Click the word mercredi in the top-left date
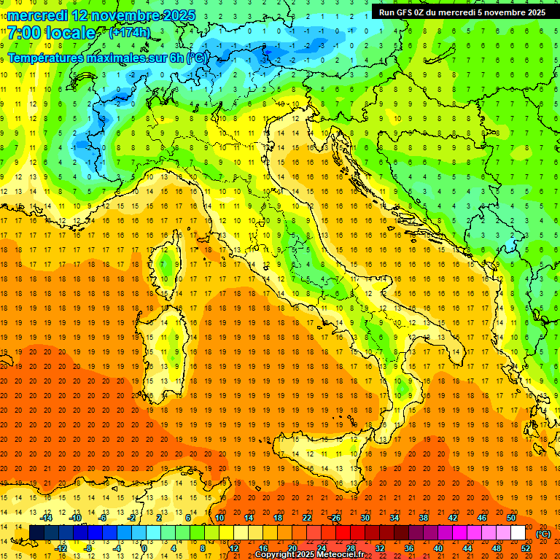[x=38, y=15]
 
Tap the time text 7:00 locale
[x=51, y=33]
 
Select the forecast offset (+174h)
[x=129, y=32]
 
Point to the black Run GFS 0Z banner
[x=462, y=12]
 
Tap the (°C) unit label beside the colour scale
[x=543, y=534]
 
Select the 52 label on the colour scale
[x=526, y=548]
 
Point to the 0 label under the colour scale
[x=144, y=548]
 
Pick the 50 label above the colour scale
[x=510, y=518]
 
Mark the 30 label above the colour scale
[x=365, y=518]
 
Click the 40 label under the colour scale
[x=437, y=548]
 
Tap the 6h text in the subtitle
[x=175, y=57]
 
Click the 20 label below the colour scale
[x=292, y=548]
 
